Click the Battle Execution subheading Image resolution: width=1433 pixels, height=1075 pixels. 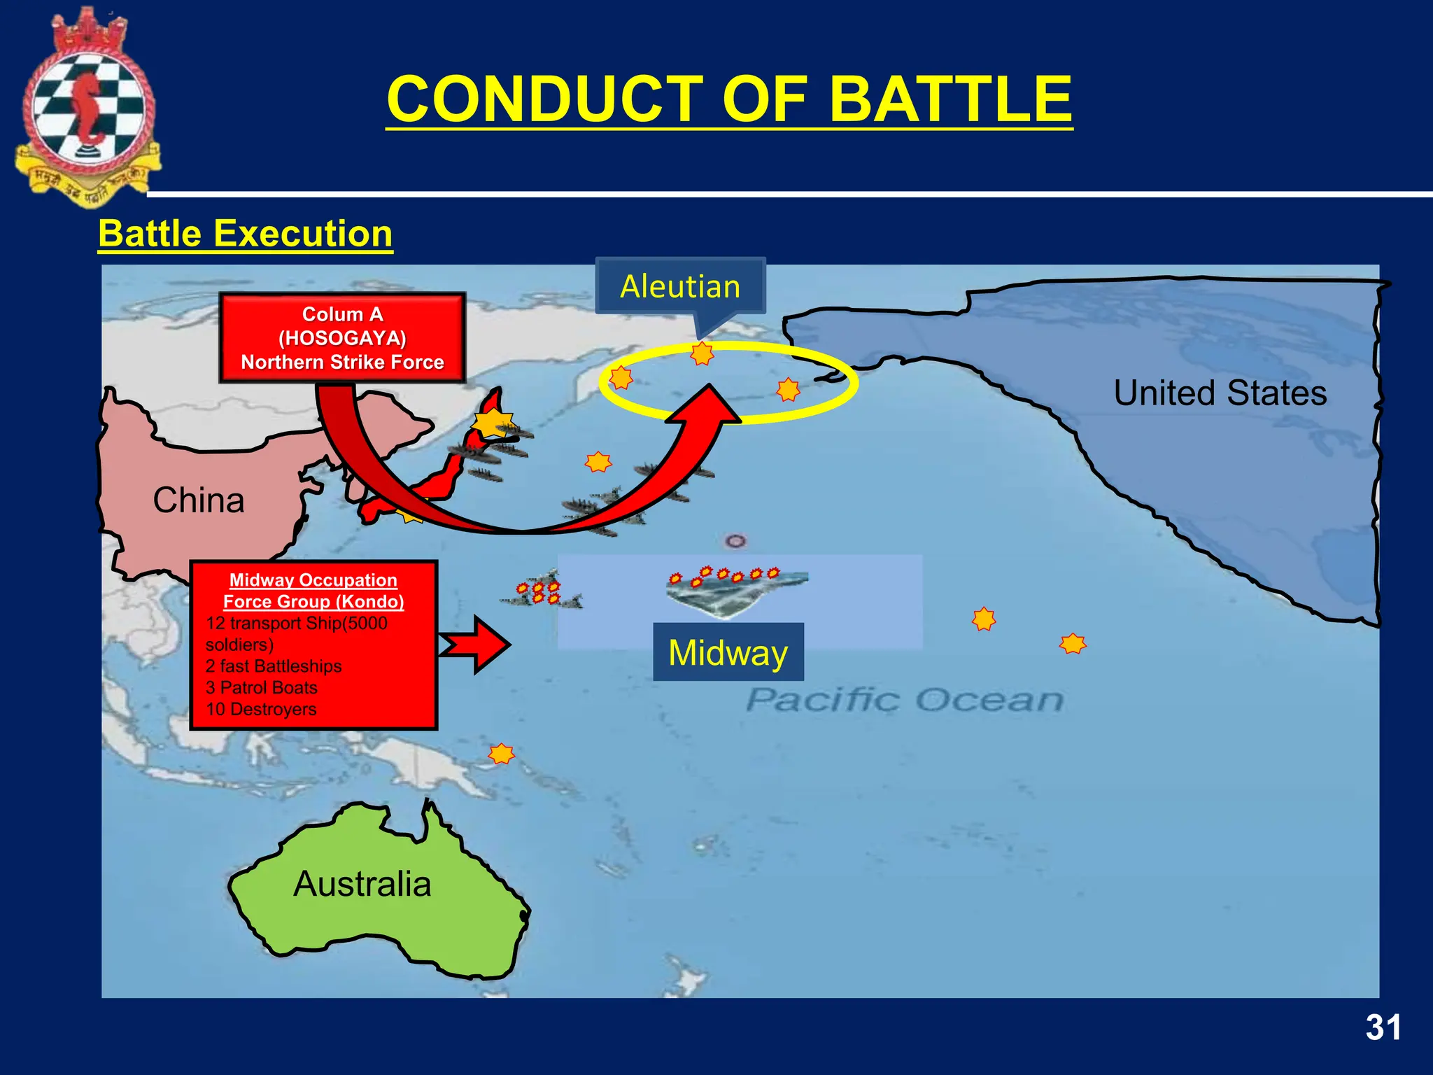pos(246,233)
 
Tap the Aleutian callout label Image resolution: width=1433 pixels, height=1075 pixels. pos(680,286)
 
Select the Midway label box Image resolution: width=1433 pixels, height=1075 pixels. pos(728,652)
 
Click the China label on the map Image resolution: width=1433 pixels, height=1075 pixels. pos(199,500)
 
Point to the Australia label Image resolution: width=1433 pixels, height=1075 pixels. pos(362,883)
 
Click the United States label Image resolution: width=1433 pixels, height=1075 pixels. pos(1220,393)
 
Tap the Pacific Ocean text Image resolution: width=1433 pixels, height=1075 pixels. pos(904,700)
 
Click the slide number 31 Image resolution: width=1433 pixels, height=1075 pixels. pos(1383,1028)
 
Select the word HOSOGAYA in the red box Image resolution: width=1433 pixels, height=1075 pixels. pos(342,338)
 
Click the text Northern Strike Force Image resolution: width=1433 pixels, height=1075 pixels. pos(342,362)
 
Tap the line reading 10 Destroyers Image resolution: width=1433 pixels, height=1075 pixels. pos(261,709)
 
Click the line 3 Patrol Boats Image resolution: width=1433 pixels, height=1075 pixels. pos(262,687)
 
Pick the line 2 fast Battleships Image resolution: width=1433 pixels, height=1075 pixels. pos(274,666)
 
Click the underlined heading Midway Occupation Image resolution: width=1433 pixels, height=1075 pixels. pos(313,580)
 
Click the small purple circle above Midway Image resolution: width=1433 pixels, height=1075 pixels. pos(735,541)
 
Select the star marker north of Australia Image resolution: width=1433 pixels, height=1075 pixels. pos(501,754)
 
